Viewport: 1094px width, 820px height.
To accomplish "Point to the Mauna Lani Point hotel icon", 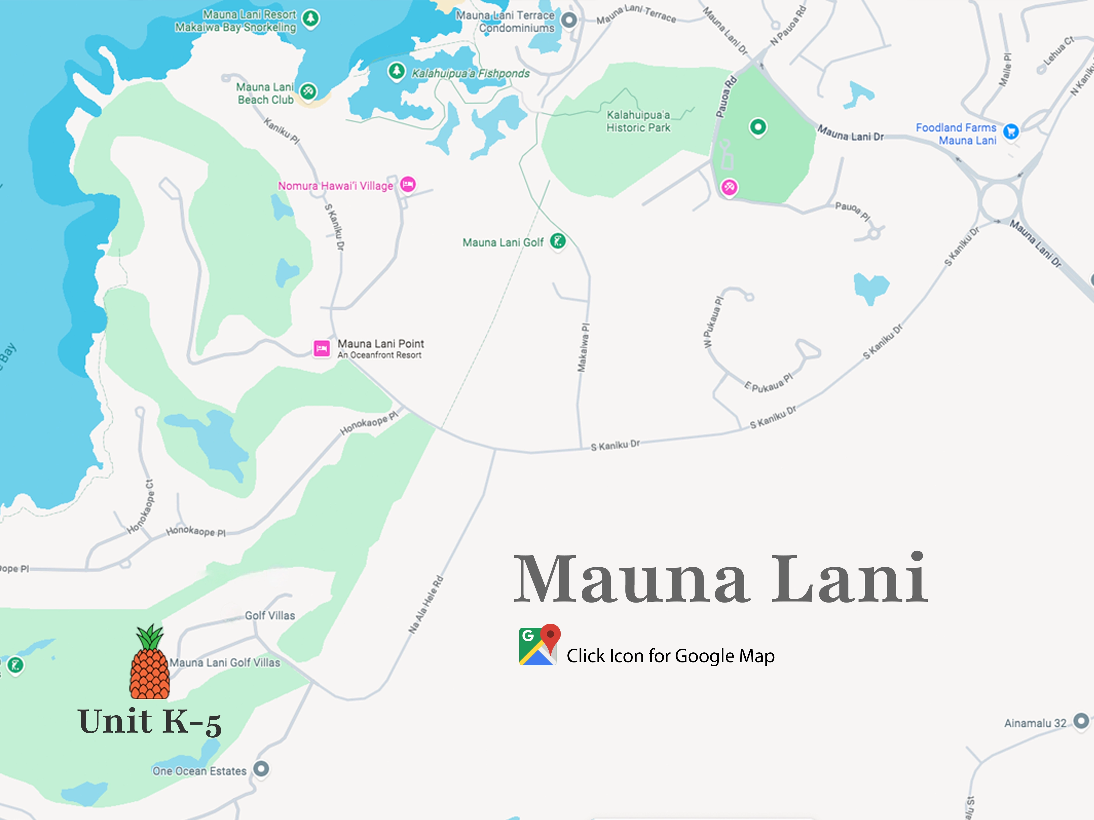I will click(x=322, y=348).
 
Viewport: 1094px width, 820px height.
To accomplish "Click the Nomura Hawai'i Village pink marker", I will click(x=408, y=184).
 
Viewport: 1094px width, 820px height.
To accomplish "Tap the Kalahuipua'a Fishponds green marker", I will click(x=396, y=71).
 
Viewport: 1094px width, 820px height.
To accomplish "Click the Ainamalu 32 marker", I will click(x=1081, y=721).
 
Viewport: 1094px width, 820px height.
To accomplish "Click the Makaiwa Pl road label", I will click(x=584, y=347).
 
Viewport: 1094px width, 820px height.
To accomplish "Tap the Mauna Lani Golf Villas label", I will click(x=225, y=663).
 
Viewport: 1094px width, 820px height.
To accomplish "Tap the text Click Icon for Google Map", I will click(x=671, y=656).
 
